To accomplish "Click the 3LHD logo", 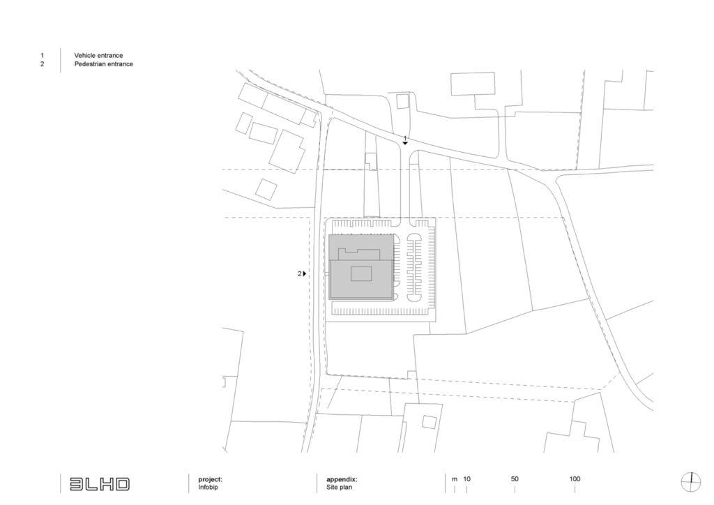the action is click(99, 484).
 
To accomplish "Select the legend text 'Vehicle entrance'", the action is click(98, 56).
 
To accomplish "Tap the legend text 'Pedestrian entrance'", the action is click(103, 64).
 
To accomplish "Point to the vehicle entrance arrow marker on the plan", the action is click(405, 144).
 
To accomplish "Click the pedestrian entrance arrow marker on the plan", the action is click(305, 273).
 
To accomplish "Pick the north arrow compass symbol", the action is click(691, 483).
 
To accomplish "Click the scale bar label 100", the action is click(575, 479).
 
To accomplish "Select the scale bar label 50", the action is click(515, 479).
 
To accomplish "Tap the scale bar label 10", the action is click(466, 479).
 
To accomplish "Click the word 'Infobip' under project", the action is click(208, 488).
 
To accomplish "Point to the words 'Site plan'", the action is click(340, 488).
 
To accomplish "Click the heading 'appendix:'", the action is click(342, 479).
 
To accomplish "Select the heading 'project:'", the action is click(211, 479).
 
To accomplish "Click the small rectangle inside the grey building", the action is click(361, 274).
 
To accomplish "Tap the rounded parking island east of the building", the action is click(414, 268).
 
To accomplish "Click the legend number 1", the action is click(43, 56).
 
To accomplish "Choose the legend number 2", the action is click(43, 64).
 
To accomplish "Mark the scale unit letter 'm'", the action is click(455, 479).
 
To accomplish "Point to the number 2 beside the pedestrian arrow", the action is click(300, 273).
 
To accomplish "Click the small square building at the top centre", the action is click(402, 102).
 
